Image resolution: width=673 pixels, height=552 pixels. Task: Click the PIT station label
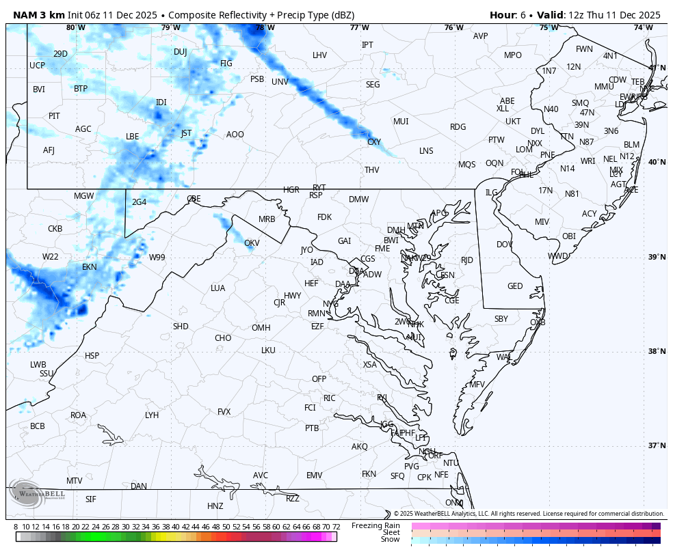[54, 116]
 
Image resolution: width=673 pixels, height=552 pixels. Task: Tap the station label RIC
[330, 398]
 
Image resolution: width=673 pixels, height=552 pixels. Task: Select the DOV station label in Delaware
[505, 245]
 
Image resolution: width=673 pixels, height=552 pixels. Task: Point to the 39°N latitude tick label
[657, 257]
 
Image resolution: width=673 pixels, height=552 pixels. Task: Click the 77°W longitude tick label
[359, 27]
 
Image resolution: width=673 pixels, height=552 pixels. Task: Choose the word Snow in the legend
[391, 540]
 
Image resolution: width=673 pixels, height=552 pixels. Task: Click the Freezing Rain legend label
[375, 525]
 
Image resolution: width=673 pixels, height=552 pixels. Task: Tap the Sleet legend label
[391, 532]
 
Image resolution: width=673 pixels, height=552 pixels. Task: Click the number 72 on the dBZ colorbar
[336, 527]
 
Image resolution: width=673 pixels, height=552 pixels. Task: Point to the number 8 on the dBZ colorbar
[16, 527]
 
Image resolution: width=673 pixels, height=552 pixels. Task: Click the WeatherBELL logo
[38, 496]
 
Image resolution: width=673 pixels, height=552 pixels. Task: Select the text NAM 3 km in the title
[38, 15]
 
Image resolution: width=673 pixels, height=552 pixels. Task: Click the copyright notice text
[529, 514]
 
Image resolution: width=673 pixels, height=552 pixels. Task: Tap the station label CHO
[223, 338]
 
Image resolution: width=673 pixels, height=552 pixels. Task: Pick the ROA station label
[79, 415]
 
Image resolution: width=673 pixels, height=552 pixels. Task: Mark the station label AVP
[481, 36]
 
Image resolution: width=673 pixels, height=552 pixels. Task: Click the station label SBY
[501, 319]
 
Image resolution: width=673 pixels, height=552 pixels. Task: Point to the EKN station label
[90, 267]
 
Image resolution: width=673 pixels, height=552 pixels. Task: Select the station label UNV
[280, 82]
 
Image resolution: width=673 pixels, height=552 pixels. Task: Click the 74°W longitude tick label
[642, 27]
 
